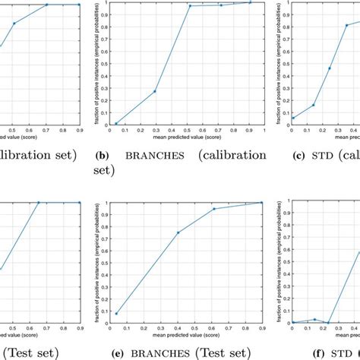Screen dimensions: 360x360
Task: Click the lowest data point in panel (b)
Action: click(x=116, y=123)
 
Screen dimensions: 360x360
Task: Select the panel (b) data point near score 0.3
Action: click(x=155, y=91)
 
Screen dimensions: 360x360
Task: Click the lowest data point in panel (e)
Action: click(x=116, y=313)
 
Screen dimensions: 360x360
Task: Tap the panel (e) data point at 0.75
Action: click(x=178, y=232)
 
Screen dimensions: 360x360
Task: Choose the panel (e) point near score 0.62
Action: click(x=213, y=209)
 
